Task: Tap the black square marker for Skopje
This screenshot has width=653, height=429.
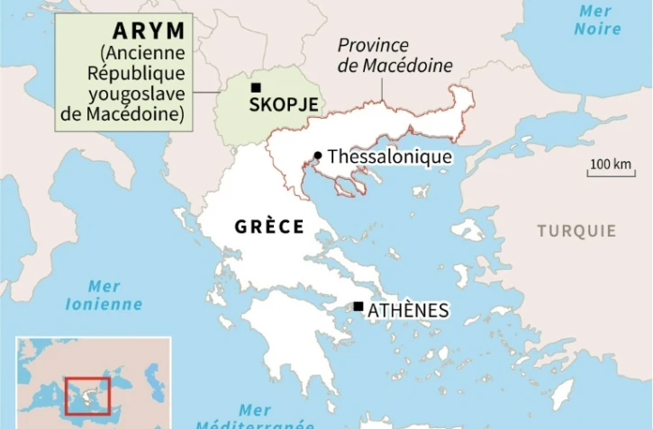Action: click(x=257, y=87)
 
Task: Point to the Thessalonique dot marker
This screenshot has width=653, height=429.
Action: click(x=317, y=156)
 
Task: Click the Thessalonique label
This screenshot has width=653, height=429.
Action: click(x=389, y=156)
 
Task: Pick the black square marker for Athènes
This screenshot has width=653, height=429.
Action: click(x=358, y=307)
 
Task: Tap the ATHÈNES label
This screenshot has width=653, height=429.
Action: click(x=408, y=310)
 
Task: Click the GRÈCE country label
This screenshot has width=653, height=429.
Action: click(x=269, y=227)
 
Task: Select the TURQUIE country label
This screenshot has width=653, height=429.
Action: click(x=576, y=231)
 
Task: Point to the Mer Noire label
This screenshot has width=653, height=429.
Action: click(x=597, y=20)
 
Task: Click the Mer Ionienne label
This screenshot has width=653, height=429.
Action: click(x=104, y=295)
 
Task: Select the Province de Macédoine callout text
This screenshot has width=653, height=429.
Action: click(x=395, y=56)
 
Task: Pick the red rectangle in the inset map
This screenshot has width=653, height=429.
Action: click(x=87, y=396)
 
